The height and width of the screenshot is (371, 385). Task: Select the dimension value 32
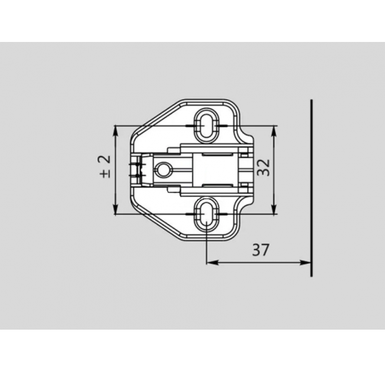264,168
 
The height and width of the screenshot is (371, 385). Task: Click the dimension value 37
260,250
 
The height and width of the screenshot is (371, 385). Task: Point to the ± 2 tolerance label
105,167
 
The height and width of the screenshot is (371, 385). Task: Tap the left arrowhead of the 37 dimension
211,263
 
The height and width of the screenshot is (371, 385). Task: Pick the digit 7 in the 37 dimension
265,250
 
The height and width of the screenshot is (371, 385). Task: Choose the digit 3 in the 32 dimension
264,172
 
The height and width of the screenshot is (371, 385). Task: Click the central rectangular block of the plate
216,169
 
